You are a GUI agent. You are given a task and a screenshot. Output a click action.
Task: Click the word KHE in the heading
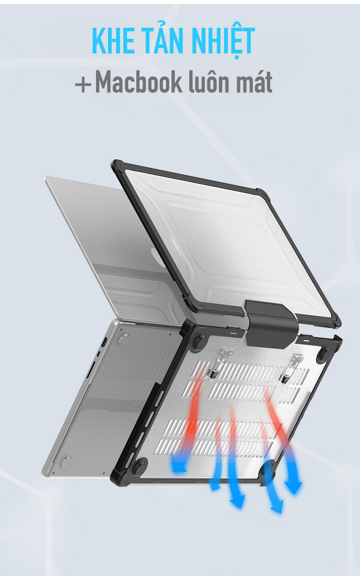[113, 41]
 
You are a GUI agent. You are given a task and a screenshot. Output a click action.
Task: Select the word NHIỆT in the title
[223, 41]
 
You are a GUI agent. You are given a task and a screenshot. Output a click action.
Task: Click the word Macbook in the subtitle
[138, 82]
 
